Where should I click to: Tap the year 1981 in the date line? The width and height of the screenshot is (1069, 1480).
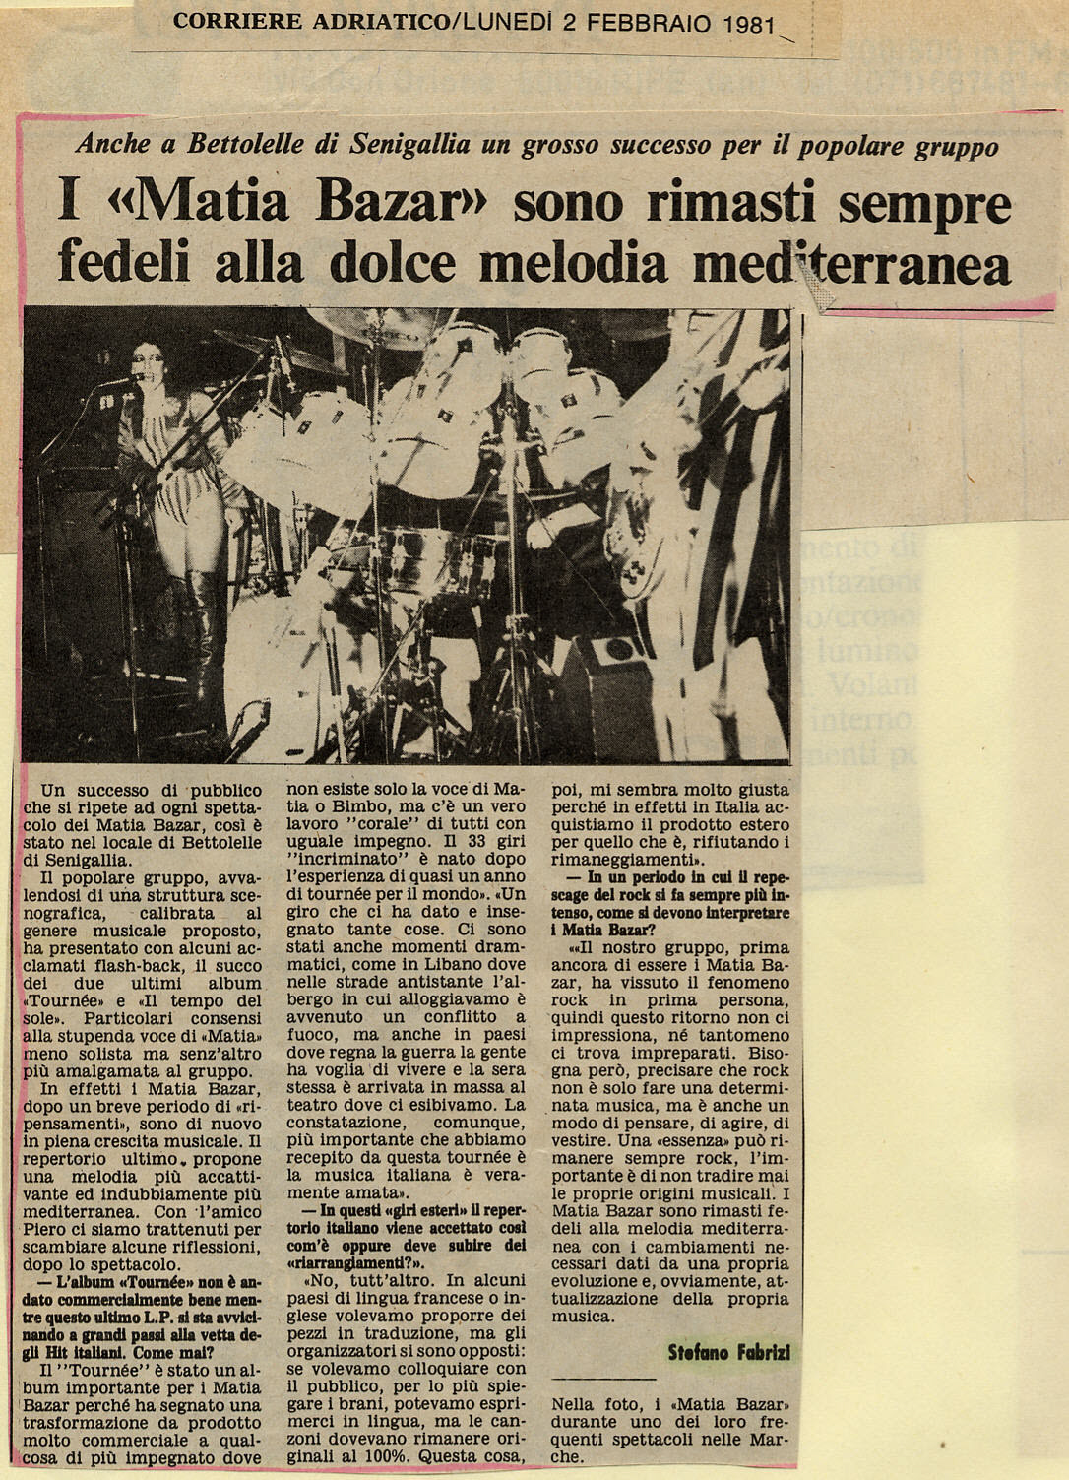[x=748, y=23]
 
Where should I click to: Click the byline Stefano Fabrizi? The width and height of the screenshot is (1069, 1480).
[x=728, y=1352]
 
